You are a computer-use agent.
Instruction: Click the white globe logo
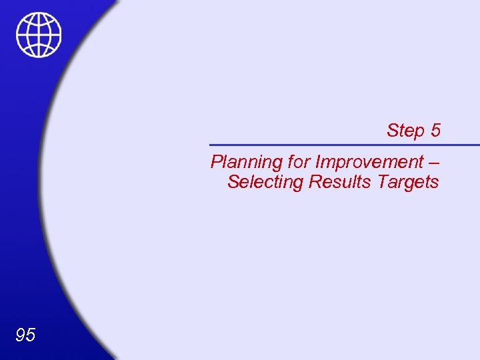point(39,35)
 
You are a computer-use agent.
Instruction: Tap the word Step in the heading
point(405,131)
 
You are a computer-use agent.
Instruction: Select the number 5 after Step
point(435,131)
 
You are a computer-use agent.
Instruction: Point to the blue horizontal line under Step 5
point(344,145)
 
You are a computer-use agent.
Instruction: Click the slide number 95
point(25,335)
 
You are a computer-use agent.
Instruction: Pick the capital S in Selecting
point(233,181)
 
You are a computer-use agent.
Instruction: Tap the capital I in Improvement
point(317,162)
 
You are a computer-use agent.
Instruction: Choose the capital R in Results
point(315,181)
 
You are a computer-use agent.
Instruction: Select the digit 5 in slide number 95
point(31,335)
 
